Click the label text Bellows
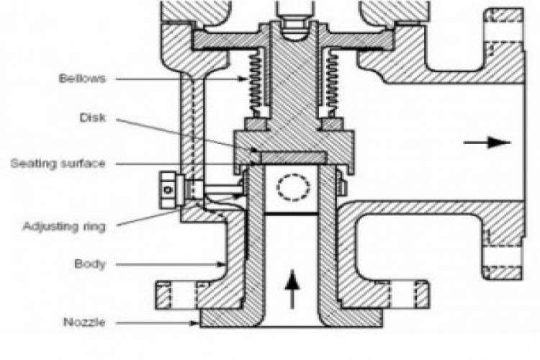[82, 78]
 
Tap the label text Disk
[93, 118]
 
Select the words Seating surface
[58, 163]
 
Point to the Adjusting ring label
[64, 227]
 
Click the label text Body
[90, 264]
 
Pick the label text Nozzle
[84, 323]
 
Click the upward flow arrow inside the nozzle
[292, 289]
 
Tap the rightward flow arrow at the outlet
[487, 143]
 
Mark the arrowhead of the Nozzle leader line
[195, 323]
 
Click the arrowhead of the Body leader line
[221, 264]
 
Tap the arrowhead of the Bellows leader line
[243, 79]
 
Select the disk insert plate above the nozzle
[294, 158]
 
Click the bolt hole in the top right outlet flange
[505, 32]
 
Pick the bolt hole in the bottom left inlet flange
[184, 295]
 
